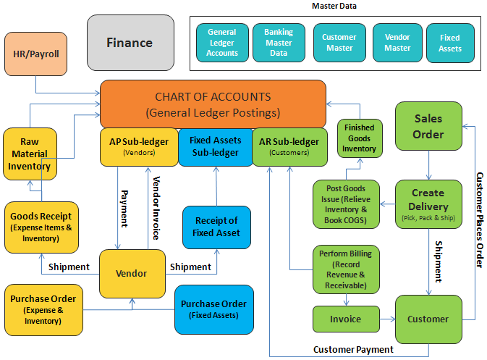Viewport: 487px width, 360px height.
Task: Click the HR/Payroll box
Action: coord(36,54)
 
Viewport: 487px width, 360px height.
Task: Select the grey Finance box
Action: coord(130,43)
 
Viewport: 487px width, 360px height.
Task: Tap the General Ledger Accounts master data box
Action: coord(221,43)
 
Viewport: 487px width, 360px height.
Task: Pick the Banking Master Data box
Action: coord(279,43)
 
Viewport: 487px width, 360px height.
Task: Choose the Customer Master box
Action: coord(339,43)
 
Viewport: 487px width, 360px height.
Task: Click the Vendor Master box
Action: coord(397,43)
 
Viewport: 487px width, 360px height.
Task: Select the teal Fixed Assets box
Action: coord(449,43)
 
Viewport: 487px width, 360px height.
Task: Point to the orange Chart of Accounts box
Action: coord(213,104)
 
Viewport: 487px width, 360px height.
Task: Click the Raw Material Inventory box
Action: coord(30,154)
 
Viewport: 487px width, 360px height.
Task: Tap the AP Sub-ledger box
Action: coord(139,147)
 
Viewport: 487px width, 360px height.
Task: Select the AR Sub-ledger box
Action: coord(288,147)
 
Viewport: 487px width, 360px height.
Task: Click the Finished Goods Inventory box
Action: coord(360,138)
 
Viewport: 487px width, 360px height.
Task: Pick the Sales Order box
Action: coord(428,126)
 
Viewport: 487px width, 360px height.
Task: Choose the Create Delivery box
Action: coord(428,205)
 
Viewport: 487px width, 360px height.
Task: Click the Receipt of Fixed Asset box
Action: coord(216,227)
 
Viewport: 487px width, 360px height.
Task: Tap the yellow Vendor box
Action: coord(131,274)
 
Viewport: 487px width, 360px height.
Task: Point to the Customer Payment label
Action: coord(353,350)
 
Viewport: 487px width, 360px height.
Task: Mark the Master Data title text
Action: coord(334,7)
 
